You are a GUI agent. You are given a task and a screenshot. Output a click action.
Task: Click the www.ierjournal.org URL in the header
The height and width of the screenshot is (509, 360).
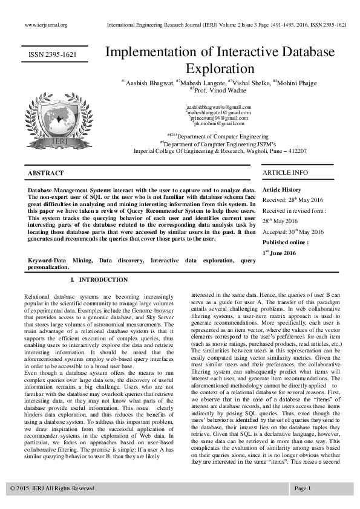pyautogui.click(x=45, y=25)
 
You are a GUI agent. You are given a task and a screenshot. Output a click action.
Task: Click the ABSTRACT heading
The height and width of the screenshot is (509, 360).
pyautogui.click(x=45, y=173)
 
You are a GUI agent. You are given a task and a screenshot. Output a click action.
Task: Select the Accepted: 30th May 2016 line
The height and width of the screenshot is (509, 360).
pyautogui.click(x=293, y=232)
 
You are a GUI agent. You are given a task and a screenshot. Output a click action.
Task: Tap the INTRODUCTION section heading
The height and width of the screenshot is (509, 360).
pyautogui.click(x=99, y=280)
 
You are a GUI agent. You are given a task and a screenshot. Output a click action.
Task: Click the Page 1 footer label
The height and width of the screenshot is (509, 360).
pyautogui.click(x=303, y=488)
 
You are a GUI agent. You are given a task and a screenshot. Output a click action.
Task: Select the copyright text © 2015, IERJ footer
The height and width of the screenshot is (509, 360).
pyautogui.click(x=52, y=488)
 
